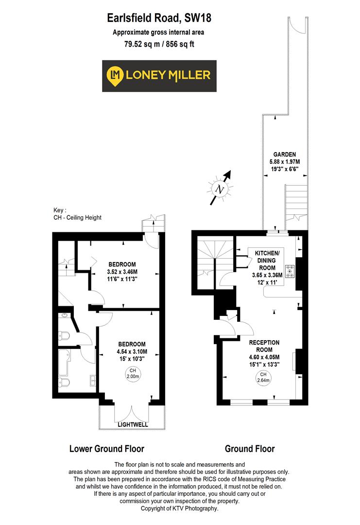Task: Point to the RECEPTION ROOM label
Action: pyautogui.click(x=264, y=346)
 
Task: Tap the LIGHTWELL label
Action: pyautogui.click(x=132, y=424)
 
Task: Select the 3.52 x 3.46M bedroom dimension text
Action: pyautogui.click(x=122, y=272)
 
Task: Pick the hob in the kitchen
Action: pyautogui.click(x=291, y=271)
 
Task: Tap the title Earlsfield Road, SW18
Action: pyautogui.click(x=159, y=18)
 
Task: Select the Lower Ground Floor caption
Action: pyautogui.click(x=107, y=448)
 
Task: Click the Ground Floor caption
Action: pyautogui.click(x=250, y=448)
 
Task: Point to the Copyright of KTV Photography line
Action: pyautogui.click(x=179, y=508)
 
